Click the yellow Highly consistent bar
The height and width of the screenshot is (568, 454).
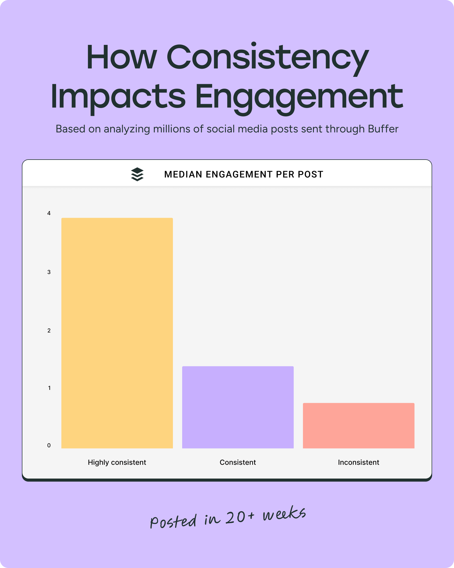coord(117,333)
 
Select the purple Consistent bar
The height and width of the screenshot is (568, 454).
coord(238,407)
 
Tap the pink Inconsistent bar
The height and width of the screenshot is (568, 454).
coord(358,426)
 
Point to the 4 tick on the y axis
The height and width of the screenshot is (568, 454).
coord(49,213)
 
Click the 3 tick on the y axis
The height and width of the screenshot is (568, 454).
coord(49,272)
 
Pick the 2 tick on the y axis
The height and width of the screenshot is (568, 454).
coord(49,330)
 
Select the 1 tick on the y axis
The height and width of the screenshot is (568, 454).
coord(49,388)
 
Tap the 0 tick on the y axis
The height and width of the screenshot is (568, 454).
coord(49,445)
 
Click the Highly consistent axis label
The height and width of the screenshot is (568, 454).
coord(117,462)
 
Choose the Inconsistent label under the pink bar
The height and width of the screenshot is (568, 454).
coord(358,462)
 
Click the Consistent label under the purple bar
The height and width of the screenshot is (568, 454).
coord(238,462)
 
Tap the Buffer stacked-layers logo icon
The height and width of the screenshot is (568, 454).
coord(137,174)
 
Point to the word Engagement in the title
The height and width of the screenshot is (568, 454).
coord(299,97)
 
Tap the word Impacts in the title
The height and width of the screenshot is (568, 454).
coord(118,97)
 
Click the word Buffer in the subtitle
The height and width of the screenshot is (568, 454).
coord(383,129)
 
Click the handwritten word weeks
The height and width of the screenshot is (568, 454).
coord(284,514)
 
